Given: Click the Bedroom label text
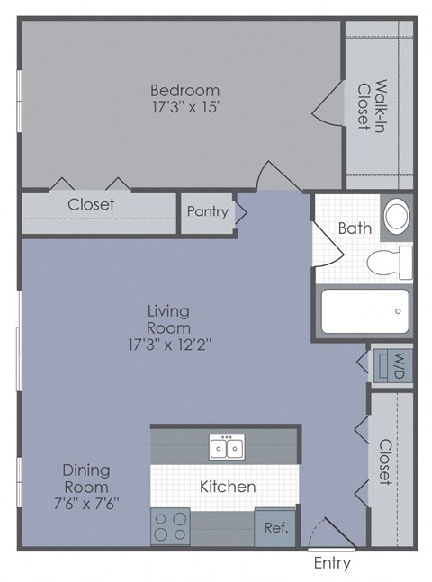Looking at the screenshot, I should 184,91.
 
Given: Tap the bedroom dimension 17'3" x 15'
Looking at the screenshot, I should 184,107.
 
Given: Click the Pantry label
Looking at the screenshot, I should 207,212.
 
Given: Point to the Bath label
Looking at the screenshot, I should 355,228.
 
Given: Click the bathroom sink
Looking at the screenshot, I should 395,216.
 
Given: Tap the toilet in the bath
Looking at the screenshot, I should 390,260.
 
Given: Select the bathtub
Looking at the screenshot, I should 364,311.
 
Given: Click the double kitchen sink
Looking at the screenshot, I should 227,447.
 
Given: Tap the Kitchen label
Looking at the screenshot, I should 228,487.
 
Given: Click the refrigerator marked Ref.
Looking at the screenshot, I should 275,529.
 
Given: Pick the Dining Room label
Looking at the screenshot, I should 86,479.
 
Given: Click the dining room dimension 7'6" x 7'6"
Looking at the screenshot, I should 86,504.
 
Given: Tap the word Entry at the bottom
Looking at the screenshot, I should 332,564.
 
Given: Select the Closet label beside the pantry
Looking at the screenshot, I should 91,204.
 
